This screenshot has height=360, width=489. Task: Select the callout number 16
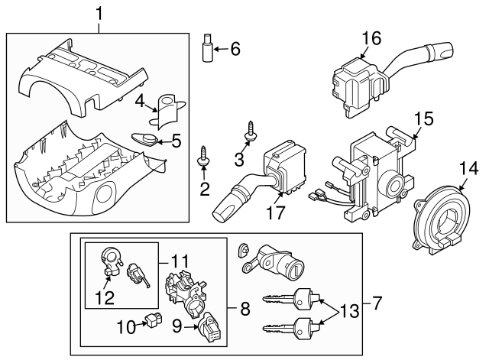(371, 38)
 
